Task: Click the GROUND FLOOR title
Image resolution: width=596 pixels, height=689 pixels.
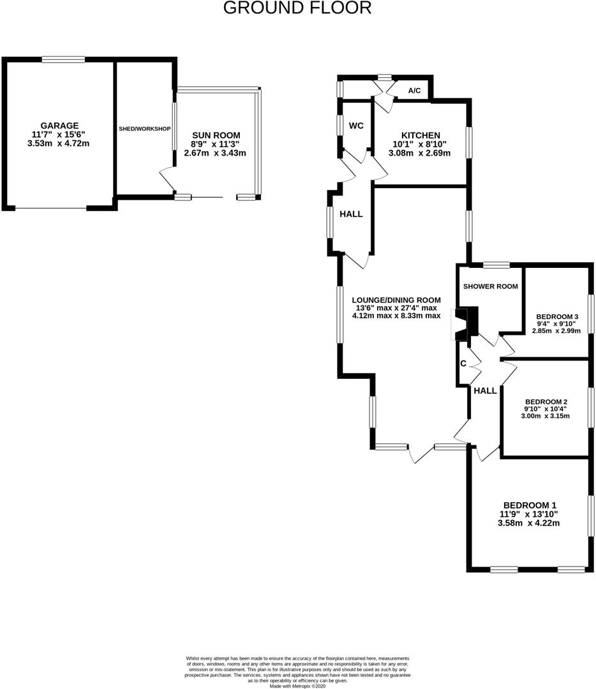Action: [297, 8]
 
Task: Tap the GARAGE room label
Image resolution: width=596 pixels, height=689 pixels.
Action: [59, 126]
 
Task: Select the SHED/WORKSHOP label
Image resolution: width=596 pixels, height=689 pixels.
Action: [145, 129]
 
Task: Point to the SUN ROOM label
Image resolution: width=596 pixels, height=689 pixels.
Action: [216, 135]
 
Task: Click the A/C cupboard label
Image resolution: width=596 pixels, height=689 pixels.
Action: [414, 91]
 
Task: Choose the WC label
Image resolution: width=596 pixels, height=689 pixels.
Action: [356, 125]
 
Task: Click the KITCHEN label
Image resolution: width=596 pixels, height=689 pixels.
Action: [420, 135]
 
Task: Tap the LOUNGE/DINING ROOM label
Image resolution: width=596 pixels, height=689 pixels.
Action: [396, 300]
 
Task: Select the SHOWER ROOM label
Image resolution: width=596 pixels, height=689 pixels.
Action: [490, 286]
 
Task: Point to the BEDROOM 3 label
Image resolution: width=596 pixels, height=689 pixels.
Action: [557, 316]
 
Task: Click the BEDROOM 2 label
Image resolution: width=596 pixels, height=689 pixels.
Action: [546, 401]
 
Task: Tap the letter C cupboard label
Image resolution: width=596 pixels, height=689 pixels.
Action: [463, 364]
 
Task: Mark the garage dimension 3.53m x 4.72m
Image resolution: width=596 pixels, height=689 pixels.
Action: [59, 144]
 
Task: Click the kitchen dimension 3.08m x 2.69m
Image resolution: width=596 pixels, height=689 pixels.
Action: [420, 153]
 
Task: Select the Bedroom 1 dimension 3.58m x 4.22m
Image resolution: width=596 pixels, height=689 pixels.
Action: [528, 524]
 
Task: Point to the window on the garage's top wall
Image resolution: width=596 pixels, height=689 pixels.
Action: [64, 60]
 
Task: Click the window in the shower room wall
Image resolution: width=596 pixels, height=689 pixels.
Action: [496, 264]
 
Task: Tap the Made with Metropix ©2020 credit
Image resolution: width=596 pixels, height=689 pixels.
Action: [297, 685]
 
